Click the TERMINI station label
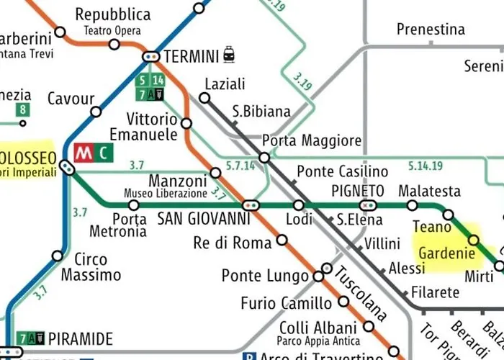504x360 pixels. coord(192,55)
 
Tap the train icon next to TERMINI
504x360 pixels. coord(229,54)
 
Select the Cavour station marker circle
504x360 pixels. coord(96,112)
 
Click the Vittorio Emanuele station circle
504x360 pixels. coord(186,123)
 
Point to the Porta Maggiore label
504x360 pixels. coord(312,140)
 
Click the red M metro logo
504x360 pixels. coord(84,153)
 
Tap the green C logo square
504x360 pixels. coord(105,153)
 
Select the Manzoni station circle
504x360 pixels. coord(215,173)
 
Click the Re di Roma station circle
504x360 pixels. coord(282,240)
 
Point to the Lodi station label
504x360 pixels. coord(300,220)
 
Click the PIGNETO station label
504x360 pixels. coord(358,191)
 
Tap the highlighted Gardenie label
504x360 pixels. coord(447,253)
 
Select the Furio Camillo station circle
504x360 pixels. coord(343,302)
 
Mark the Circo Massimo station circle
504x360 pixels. coord(58,256)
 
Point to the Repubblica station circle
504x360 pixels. coord(114,44)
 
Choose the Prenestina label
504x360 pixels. coord(431,30)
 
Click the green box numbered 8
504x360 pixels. coord(24,110)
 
